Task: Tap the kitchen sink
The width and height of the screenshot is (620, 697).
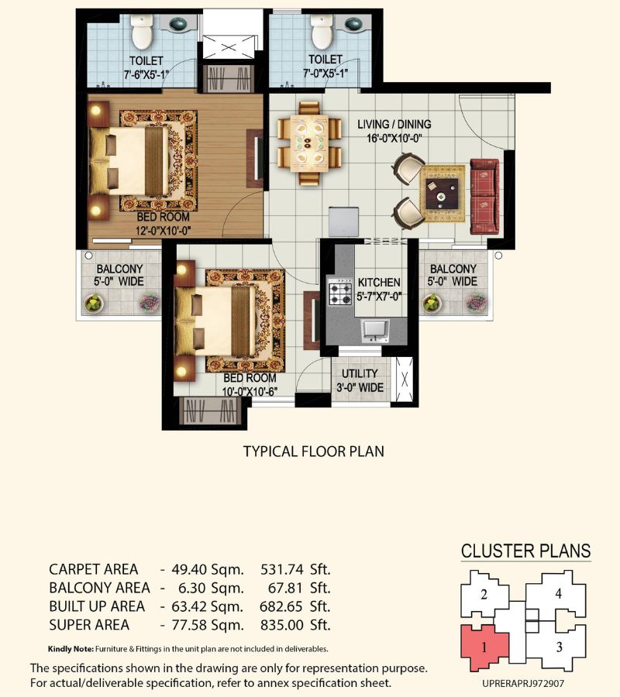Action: click(x=376, y=330)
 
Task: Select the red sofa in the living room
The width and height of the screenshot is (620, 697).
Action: click(x=484, y=196)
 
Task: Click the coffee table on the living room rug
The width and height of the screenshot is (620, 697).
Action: click(x=442, y=194)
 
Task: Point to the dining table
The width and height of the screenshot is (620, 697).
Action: click(x=309, y=142)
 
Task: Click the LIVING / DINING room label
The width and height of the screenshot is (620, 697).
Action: click(x=394, y=125)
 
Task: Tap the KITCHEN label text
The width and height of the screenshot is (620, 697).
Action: click(x=379, y=282)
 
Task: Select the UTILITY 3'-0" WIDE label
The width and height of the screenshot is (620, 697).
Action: click(x=360, y=380)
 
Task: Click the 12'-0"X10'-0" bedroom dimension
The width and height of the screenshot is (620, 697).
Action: click(x=164, y=231)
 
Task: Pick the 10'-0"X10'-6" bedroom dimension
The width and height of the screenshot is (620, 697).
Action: click(x=250, y=391)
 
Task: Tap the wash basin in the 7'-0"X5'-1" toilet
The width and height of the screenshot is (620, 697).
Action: click(x=353, y=24)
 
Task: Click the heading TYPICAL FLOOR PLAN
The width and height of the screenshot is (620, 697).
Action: click(x=314, y=452)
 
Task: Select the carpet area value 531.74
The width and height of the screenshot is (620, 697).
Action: click(x=281, y=569)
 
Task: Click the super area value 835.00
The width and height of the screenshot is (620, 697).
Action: click(x=281, y=625)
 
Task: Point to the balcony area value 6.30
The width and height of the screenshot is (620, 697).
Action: click(x=191, y=588)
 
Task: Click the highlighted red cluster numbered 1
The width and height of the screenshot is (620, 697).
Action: click(x=484, y=647)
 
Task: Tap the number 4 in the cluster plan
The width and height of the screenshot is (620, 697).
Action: click(x=558, y=593)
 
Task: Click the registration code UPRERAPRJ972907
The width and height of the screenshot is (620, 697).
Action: click(x=523, y=684)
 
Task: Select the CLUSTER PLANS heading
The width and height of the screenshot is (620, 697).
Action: click(x=525, y=551)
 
